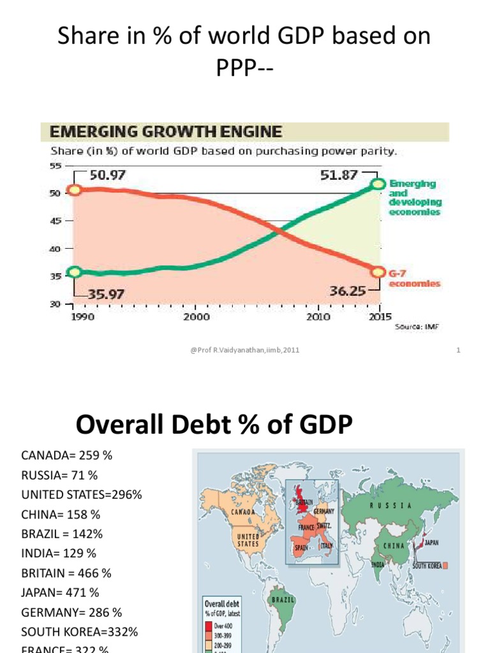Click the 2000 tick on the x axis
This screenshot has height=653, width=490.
(197, 316)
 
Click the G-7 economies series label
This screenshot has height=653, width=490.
(415, 278)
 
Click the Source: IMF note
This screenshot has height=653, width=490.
(418, 326)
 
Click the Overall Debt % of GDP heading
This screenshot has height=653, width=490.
(214, 424)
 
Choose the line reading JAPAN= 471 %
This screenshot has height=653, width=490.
(61, 592)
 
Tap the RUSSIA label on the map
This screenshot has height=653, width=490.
(392, 505)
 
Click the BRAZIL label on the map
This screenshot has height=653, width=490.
(283, 600)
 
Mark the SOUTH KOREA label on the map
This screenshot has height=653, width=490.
(427, 566)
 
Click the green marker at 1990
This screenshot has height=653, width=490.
(75, 272)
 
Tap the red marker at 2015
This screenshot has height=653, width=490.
(378, 272)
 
